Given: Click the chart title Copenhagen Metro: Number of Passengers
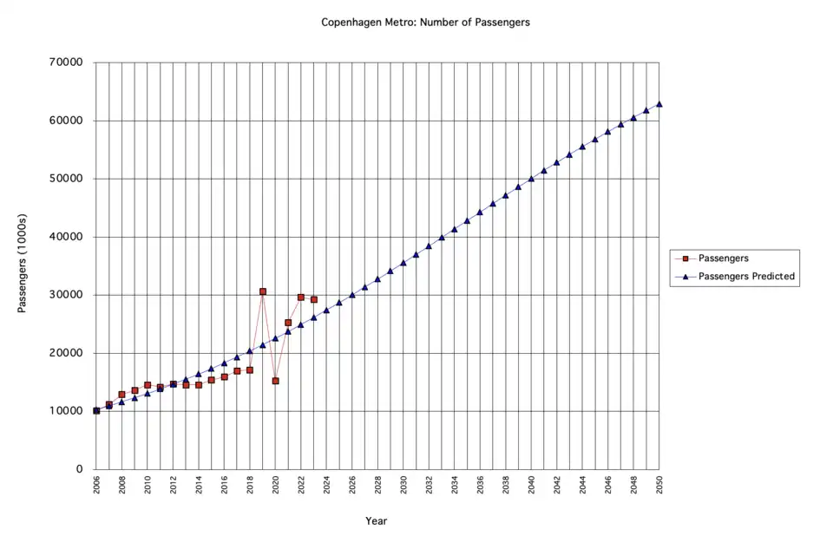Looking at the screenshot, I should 425,22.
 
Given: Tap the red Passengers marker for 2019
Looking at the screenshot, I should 263,291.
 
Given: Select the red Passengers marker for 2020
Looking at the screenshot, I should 275,381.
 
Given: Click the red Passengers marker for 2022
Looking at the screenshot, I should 301,297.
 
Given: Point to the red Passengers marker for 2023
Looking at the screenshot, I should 314,299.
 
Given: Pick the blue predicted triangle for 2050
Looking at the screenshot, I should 659,104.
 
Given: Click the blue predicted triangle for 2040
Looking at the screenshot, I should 531,179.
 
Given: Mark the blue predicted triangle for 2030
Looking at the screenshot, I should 403,263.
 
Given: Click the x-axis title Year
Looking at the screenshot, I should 376,521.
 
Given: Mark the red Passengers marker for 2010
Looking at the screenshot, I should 148,385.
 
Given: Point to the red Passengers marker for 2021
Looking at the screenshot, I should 288,323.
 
